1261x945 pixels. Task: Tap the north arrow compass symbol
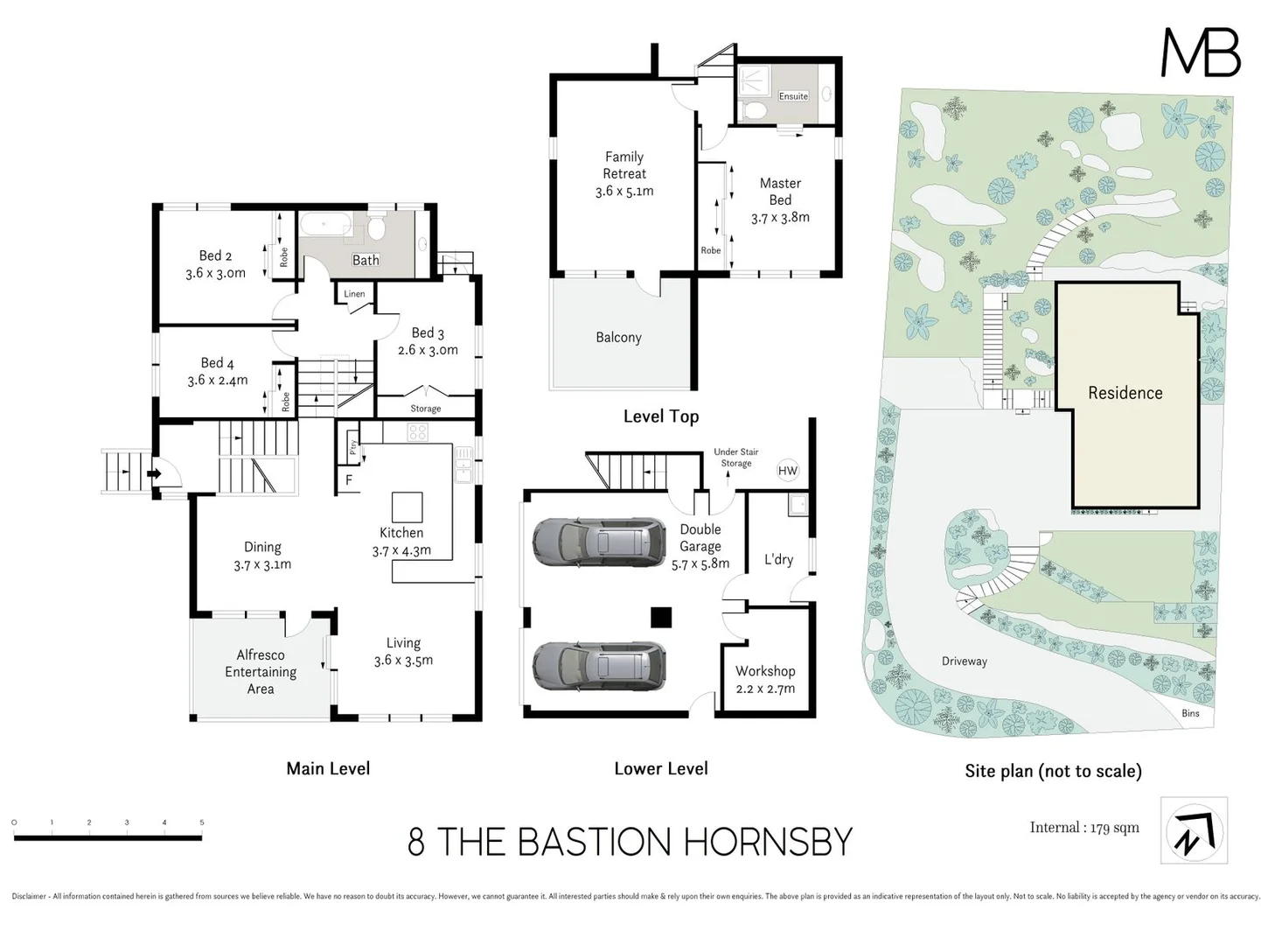(1194, 830)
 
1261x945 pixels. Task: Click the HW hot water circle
(788, 471)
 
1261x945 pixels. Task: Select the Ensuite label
(793, 96)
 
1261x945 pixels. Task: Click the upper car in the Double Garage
(599, 542)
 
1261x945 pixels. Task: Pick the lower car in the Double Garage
(599, 666)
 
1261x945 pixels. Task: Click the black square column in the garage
(661, 618)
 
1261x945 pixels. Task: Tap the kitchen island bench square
(407, 507)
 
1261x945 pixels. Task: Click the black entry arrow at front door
(155, 475)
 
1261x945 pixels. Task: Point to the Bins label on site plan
(1190, 713)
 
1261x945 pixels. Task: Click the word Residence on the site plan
(1125, 393)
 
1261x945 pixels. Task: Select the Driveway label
(965, 661)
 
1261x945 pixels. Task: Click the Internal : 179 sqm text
(1084, 828)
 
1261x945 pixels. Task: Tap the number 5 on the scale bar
(202, 822)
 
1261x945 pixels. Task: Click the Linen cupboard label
(354, 294)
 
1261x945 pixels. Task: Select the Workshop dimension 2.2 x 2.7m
(765, 689)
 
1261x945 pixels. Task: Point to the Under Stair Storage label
(736, 458)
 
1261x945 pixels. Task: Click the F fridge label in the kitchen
(349, 480)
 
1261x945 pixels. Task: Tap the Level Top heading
(661, 416)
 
